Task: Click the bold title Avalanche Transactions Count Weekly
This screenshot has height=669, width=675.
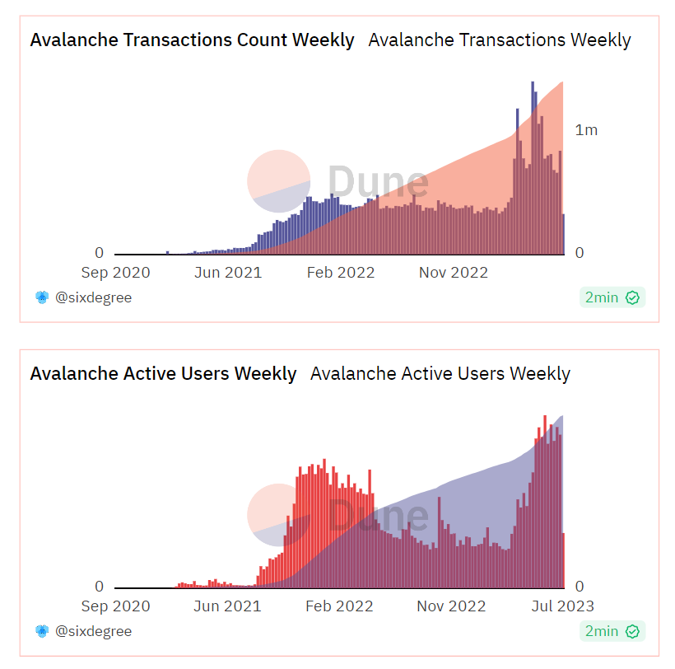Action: [x=192, y=40]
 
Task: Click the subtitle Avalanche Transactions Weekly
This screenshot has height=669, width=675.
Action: [x=499, y=40]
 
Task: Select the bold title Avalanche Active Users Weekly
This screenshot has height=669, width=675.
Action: [x=163, y=373]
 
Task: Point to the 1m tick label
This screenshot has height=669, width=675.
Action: [x=586, y=129]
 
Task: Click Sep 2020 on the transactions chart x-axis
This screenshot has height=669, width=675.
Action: [x=116, y=273]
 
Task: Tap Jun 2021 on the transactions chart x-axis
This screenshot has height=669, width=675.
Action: [x=228, y=273]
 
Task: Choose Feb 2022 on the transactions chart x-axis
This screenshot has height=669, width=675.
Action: [x=340, y=273]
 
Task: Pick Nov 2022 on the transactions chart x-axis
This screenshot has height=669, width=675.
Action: [x=454, y=273]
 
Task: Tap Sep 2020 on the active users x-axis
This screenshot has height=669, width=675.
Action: [x=116, y=606]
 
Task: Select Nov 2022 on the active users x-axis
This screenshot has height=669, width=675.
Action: [x=451, y=606]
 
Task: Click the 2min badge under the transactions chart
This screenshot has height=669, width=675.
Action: [x=611, y=297]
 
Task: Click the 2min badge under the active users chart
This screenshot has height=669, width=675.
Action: [x=611, y=631]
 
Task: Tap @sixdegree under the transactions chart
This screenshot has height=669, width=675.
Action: [x=92, y=297]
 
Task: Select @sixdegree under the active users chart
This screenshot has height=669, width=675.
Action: [x=92, y=631]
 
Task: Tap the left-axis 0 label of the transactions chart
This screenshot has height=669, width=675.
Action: [x=99, y=253]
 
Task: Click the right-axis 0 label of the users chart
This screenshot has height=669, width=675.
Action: [x=580, y=587]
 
